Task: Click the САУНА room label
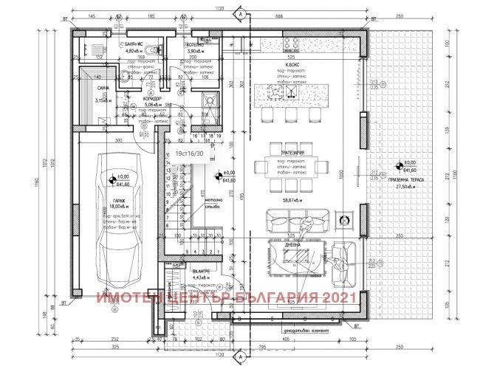point(103,89)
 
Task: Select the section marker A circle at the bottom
point(240,356)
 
